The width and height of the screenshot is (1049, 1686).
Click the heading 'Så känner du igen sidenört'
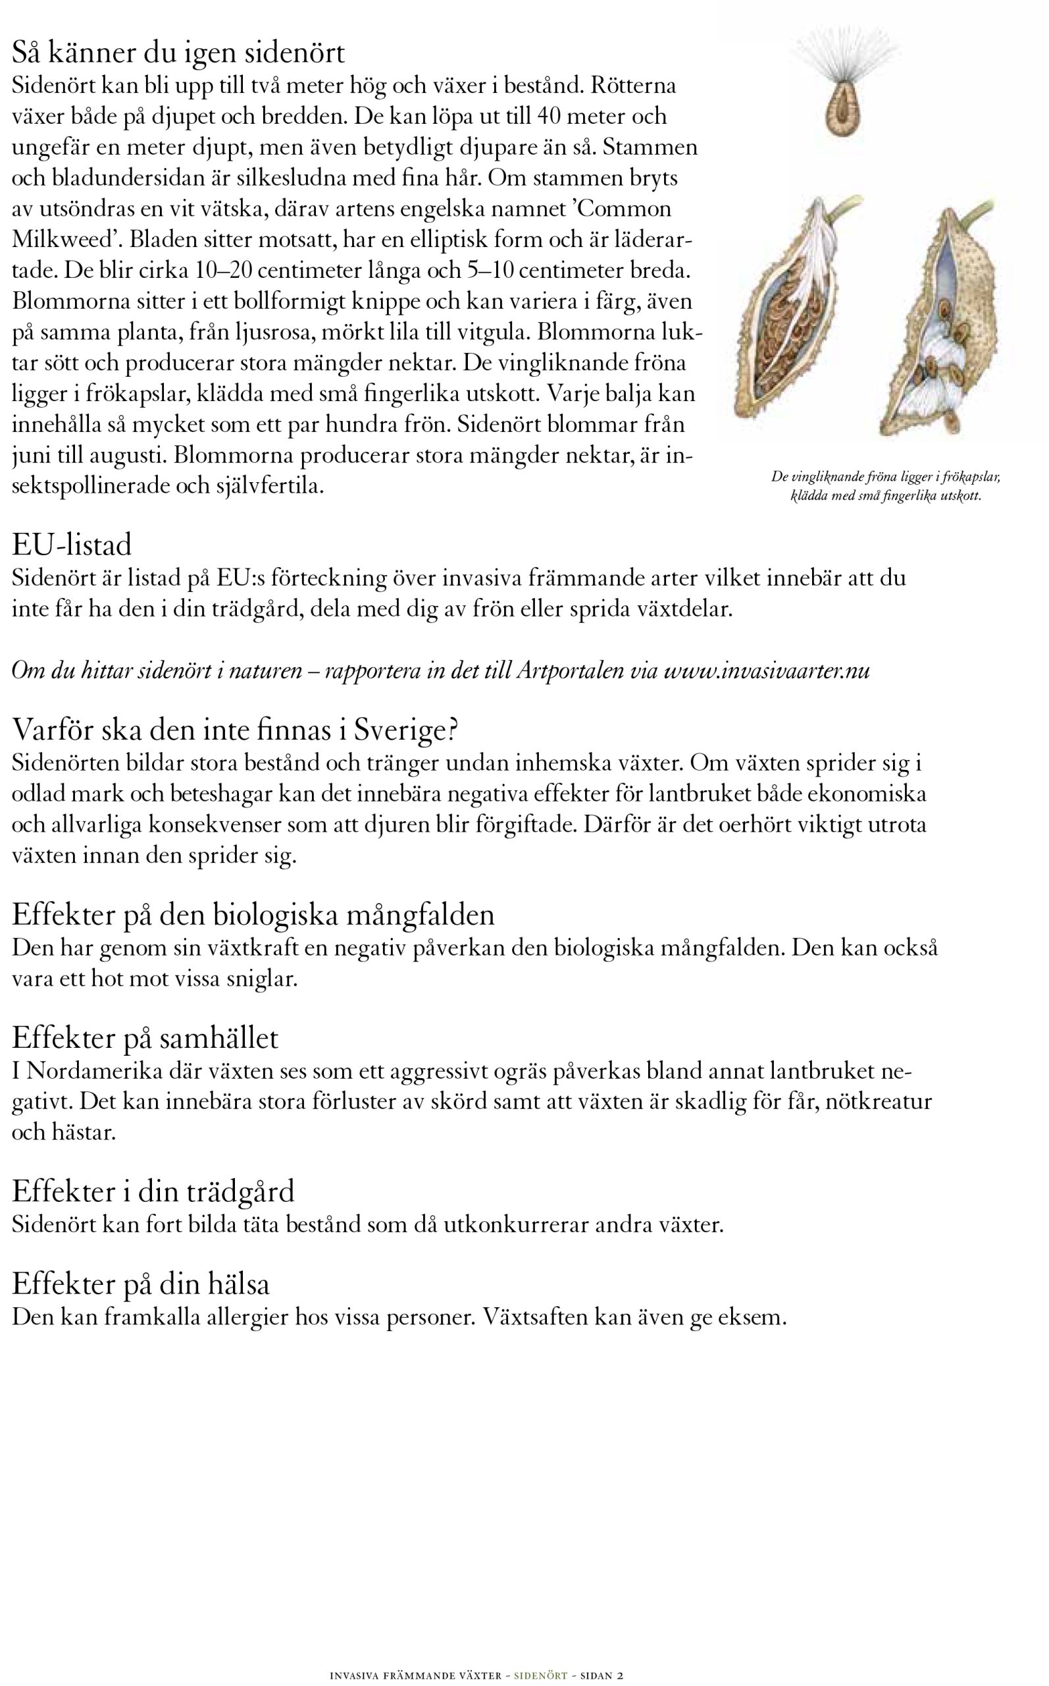click(x=178, y=53)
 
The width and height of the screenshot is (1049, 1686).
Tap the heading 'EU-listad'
click(x=72, y=545)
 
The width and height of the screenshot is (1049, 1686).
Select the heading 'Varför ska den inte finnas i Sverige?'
click(x=235, y=730)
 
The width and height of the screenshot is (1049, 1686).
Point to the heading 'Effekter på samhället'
click(x=145, y=1038)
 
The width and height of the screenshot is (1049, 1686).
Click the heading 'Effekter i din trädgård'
click(x=153, y=1191)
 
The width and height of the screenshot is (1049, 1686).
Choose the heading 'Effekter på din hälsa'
click(x=141, y=1284)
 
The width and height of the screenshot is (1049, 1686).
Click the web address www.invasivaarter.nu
click(x=767, y=670)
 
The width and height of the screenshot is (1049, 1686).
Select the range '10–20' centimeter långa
click(x=223, y=270)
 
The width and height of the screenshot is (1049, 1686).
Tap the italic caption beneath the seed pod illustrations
click(x=885, y=487)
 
